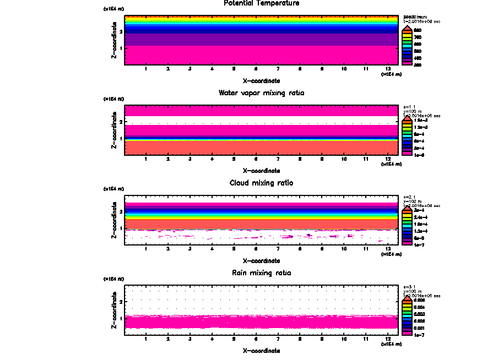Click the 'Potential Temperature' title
coord(261,3)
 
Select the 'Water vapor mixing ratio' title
coord(261,93)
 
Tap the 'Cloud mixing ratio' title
coord(261,183)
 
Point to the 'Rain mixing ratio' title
coord(261,273)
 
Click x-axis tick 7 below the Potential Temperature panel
coord(278,69)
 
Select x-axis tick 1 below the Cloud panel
coord(146,249)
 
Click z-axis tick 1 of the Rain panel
coord(121,318)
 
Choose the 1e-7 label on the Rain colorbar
coord(419,334)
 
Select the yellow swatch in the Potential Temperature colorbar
coord(407,37)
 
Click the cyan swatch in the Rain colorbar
coord(407,317)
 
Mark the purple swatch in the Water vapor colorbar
coord(407,149)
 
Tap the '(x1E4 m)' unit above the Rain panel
coord(114,279)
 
